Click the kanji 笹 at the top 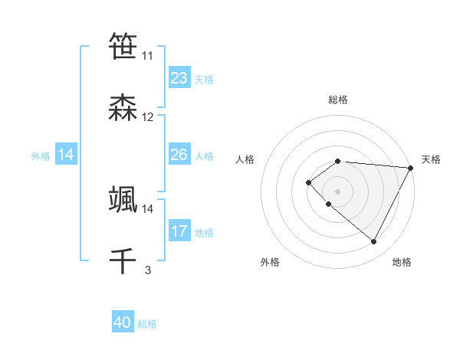123,47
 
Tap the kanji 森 123,108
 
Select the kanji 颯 123,199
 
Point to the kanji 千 123,260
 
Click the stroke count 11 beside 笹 147,56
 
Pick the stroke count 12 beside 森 147,117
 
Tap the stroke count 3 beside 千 148,270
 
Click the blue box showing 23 179,78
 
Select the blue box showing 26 179,155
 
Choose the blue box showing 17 179,231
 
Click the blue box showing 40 123,322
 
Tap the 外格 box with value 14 66,155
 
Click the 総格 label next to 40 147,324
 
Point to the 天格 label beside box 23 204,80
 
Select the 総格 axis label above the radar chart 337,100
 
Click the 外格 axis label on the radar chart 270,262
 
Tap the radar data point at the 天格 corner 411,168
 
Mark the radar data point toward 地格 374,242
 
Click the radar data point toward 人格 308,182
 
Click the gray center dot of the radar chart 337,191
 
